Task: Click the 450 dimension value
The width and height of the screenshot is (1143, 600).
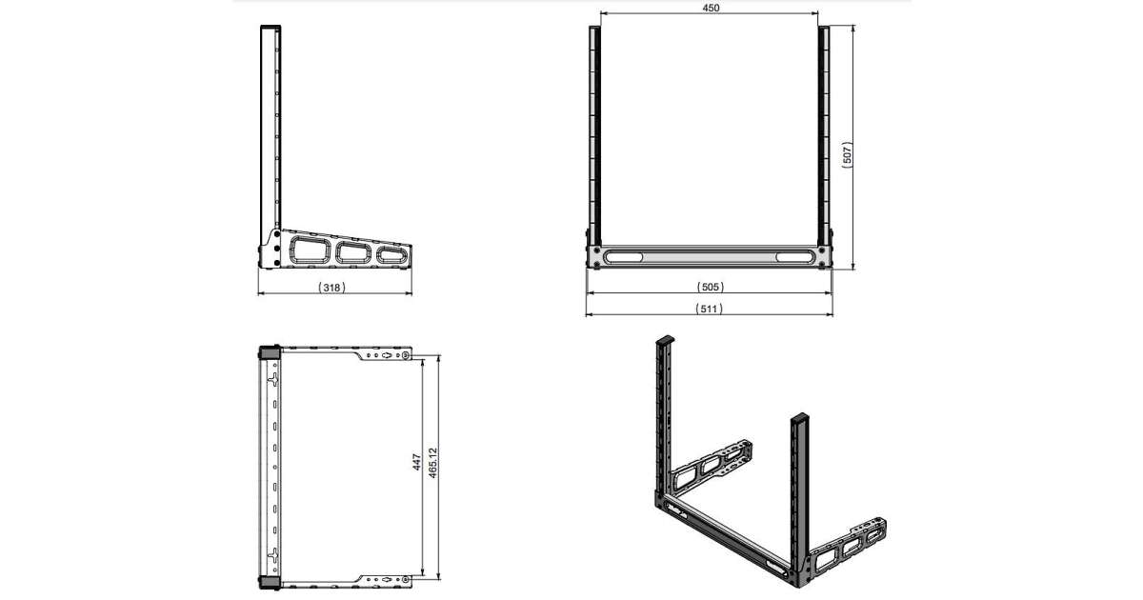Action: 711,8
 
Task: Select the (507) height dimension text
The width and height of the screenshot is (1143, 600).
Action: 847,153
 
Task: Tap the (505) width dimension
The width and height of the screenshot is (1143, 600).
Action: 711,287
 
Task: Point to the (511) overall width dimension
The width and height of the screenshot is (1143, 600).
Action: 710,309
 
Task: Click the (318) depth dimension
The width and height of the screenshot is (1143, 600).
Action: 331,288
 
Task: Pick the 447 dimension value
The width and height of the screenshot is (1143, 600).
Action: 417,462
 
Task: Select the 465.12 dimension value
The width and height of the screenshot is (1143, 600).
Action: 432,463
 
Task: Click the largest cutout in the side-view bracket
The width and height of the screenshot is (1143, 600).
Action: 310,250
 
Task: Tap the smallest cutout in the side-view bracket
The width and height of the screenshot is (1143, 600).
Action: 392,255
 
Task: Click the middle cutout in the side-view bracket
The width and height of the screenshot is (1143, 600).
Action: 353,252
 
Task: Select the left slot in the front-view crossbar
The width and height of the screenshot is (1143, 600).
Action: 623,256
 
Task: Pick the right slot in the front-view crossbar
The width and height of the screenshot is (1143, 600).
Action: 795,256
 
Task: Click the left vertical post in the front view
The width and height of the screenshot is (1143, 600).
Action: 595,135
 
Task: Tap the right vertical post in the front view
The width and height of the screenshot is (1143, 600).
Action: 824,135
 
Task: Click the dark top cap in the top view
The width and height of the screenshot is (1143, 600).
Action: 270,352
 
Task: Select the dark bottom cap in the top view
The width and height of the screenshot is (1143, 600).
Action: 270,583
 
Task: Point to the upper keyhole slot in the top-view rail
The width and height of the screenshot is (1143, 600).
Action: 274,379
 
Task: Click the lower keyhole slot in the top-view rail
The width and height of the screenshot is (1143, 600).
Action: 274,555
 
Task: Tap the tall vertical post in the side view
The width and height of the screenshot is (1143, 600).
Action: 271,128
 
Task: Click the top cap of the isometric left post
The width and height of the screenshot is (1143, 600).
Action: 666,339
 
